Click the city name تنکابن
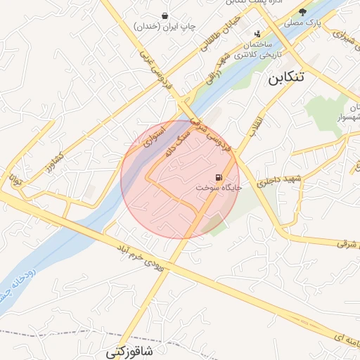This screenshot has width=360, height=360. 287,77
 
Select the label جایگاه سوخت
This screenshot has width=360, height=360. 219,188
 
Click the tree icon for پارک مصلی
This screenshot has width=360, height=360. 303,12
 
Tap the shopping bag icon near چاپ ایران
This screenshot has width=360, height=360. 165,15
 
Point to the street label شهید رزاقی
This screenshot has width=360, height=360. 215,68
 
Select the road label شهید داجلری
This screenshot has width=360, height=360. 282,180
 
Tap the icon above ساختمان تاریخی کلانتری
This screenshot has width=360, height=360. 257,33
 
